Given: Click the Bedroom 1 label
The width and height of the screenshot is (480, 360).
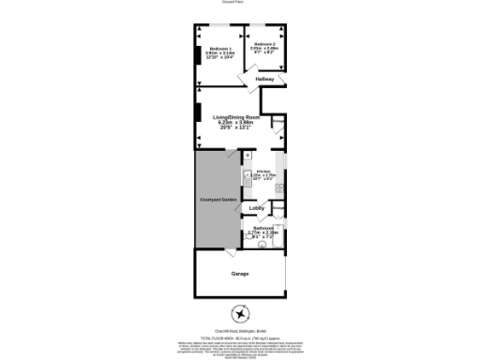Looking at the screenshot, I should pos(219,47).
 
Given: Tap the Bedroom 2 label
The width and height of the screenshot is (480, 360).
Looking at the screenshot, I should pos(264,44).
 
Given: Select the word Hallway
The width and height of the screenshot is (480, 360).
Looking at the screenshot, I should pos(264,79).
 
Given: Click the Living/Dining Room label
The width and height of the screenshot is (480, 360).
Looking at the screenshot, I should pos(235,116).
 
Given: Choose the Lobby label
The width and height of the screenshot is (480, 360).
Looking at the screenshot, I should pos(257,207).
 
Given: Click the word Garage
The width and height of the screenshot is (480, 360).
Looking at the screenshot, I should pos(240,273).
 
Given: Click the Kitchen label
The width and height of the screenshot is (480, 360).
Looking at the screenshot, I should pos(262,171).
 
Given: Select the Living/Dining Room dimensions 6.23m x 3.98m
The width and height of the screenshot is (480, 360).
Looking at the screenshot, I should pos(235,123).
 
